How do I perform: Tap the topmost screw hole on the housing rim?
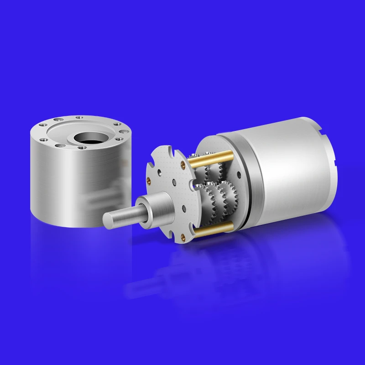pos(79,118)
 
